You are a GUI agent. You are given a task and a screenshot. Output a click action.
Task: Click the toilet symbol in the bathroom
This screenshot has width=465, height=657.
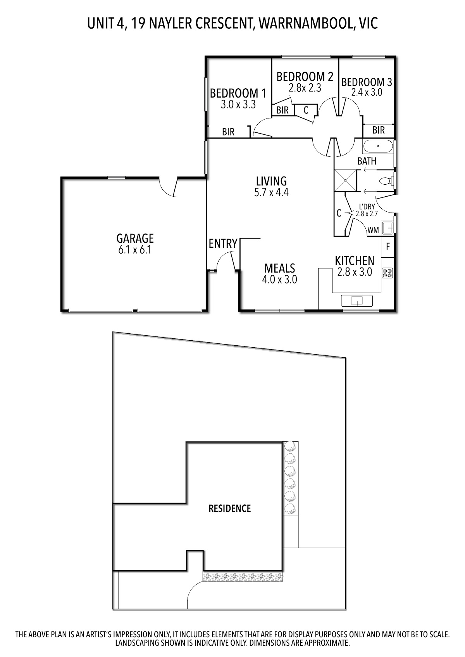(385, 181)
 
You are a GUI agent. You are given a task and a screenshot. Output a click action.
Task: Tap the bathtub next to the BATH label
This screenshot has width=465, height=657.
(378, 146)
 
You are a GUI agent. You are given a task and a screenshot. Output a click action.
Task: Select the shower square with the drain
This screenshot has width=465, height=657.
(345, 180)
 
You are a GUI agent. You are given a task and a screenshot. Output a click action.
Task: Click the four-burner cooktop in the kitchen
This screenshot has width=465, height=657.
(387, 273)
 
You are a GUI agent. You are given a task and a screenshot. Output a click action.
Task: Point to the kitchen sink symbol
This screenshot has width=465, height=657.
(356, 301)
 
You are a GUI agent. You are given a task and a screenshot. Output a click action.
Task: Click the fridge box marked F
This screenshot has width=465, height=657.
(387, 247)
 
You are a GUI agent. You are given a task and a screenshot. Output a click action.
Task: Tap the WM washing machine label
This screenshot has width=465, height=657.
(373, 230)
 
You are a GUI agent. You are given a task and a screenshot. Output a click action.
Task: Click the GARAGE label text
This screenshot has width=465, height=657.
(135, 238)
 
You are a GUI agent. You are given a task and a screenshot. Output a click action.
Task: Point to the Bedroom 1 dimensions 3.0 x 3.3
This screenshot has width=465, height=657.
(238, 105)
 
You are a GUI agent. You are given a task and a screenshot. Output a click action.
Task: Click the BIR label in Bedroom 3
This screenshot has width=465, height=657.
(379, 130)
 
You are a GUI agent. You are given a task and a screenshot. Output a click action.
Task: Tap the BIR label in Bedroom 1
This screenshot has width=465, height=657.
(228, 132)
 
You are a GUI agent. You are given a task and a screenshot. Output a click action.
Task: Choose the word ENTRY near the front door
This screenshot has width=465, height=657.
(223, 244)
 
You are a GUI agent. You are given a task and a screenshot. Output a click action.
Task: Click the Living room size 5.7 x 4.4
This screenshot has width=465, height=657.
(271, 192)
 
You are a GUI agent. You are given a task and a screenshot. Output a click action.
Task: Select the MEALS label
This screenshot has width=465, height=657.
(280, 268)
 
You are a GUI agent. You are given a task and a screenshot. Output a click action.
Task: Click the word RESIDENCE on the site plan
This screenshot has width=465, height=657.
(229, 508)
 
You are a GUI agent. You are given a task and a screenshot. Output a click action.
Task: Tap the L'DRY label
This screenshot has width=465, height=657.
(367, 207)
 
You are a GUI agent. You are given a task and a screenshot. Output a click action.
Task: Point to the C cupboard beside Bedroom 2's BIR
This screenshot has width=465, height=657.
(306, 110)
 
